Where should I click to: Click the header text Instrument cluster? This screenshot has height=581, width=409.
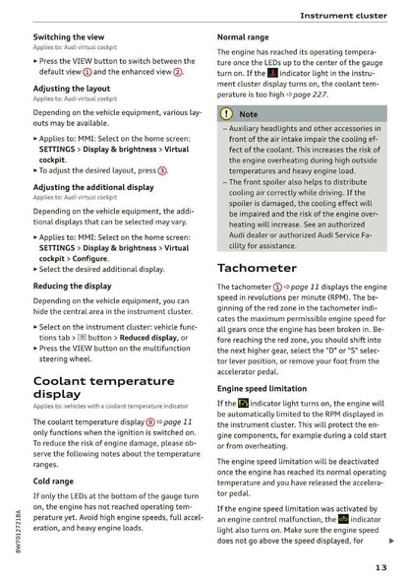point(340,15)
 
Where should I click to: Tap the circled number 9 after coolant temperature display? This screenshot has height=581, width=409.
point(150,420)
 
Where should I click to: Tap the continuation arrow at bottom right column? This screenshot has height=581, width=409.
point(392,541)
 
